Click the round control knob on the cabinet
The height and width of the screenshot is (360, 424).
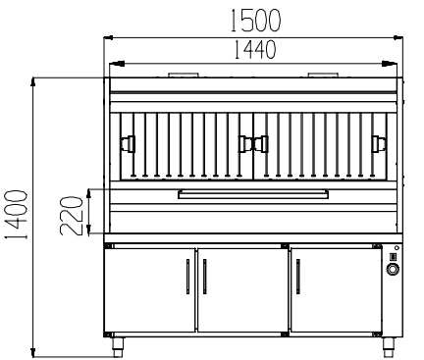393,269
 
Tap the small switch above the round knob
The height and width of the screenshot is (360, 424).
393,258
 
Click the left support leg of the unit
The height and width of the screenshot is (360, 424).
118,343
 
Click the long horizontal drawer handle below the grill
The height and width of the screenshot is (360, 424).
255,194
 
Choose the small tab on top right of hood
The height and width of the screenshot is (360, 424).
324,75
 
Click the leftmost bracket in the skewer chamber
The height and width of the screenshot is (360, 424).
125,144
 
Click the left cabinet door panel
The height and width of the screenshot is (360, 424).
152,288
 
